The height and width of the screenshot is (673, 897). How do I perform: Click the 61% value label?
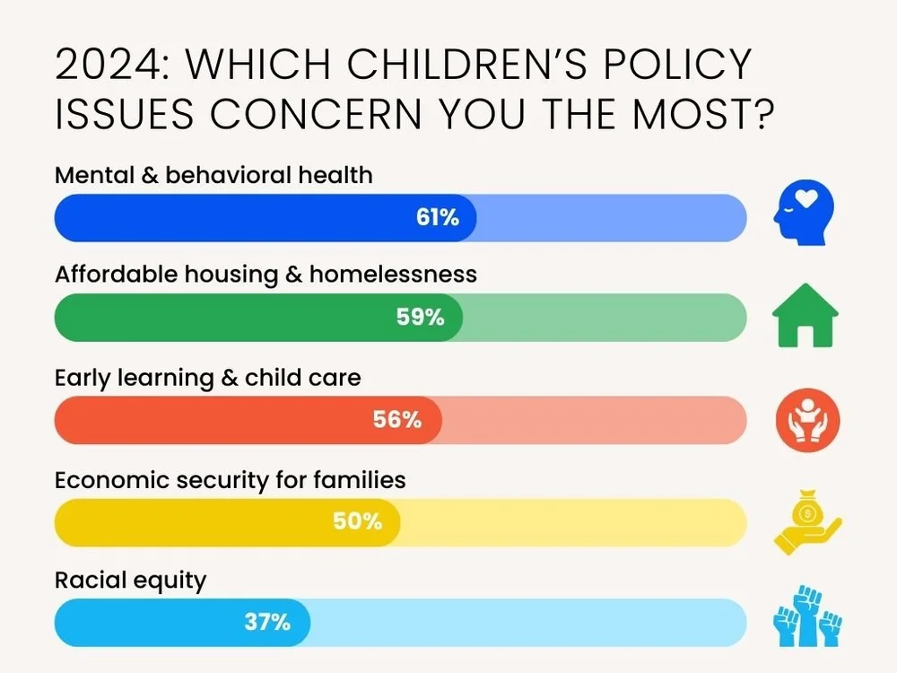(438, 217)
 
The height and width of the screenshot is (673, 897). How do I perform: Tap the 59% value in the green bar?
(421, 317)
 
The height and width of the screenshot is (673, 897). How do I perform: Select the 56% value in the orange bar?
(397, 419)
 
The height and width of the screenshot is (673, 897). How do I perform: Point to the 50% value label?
(357, 521)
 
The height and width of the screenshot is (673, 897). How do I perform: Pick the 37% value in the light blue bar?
(267, 622)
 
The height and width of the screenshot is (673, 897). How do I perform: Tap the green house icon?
(806, 315)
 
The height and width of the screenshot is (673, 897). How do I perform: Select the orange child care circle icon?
(807, 418)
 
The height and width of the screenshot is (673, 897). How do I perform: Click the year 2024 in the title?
(110, 66)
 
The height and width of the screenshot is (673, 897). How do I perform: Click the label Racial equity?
(131, 581)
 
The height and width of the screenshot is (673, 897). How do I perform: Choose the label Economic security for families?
(231, 479)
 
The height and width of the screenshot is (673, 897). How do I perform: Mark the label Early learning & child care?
(208, 377)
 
